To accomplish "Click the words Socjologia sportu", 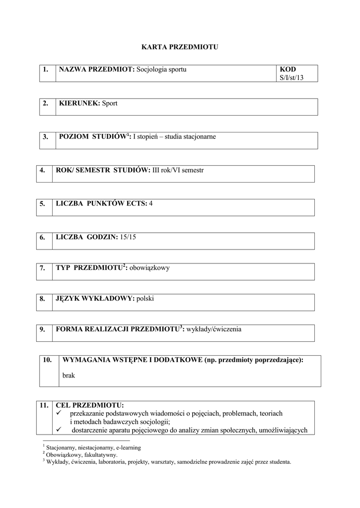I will pos(161,69).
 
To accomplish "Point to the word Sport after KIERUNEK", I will pos(110,103).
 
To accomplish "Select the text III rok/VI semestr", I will pos(178,170).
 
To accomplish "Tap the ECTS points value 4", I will pos(151,203).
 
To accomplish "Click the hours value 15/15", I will pos(128,237).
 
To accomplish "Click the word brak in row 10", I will pos(69,376).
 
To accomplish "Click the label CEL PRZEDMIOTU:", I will pos(90,405).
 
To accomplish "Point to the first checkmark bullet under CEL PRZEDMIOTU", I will pos(60,413).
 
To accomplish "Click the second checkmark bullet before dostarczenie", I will pos(60,430).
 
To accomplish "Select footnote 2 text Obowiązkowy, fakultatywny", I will pos(82,454).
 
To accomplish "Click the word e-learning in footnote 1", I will pos(127,447).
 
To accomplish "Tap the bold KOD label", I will pos(288,69).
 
